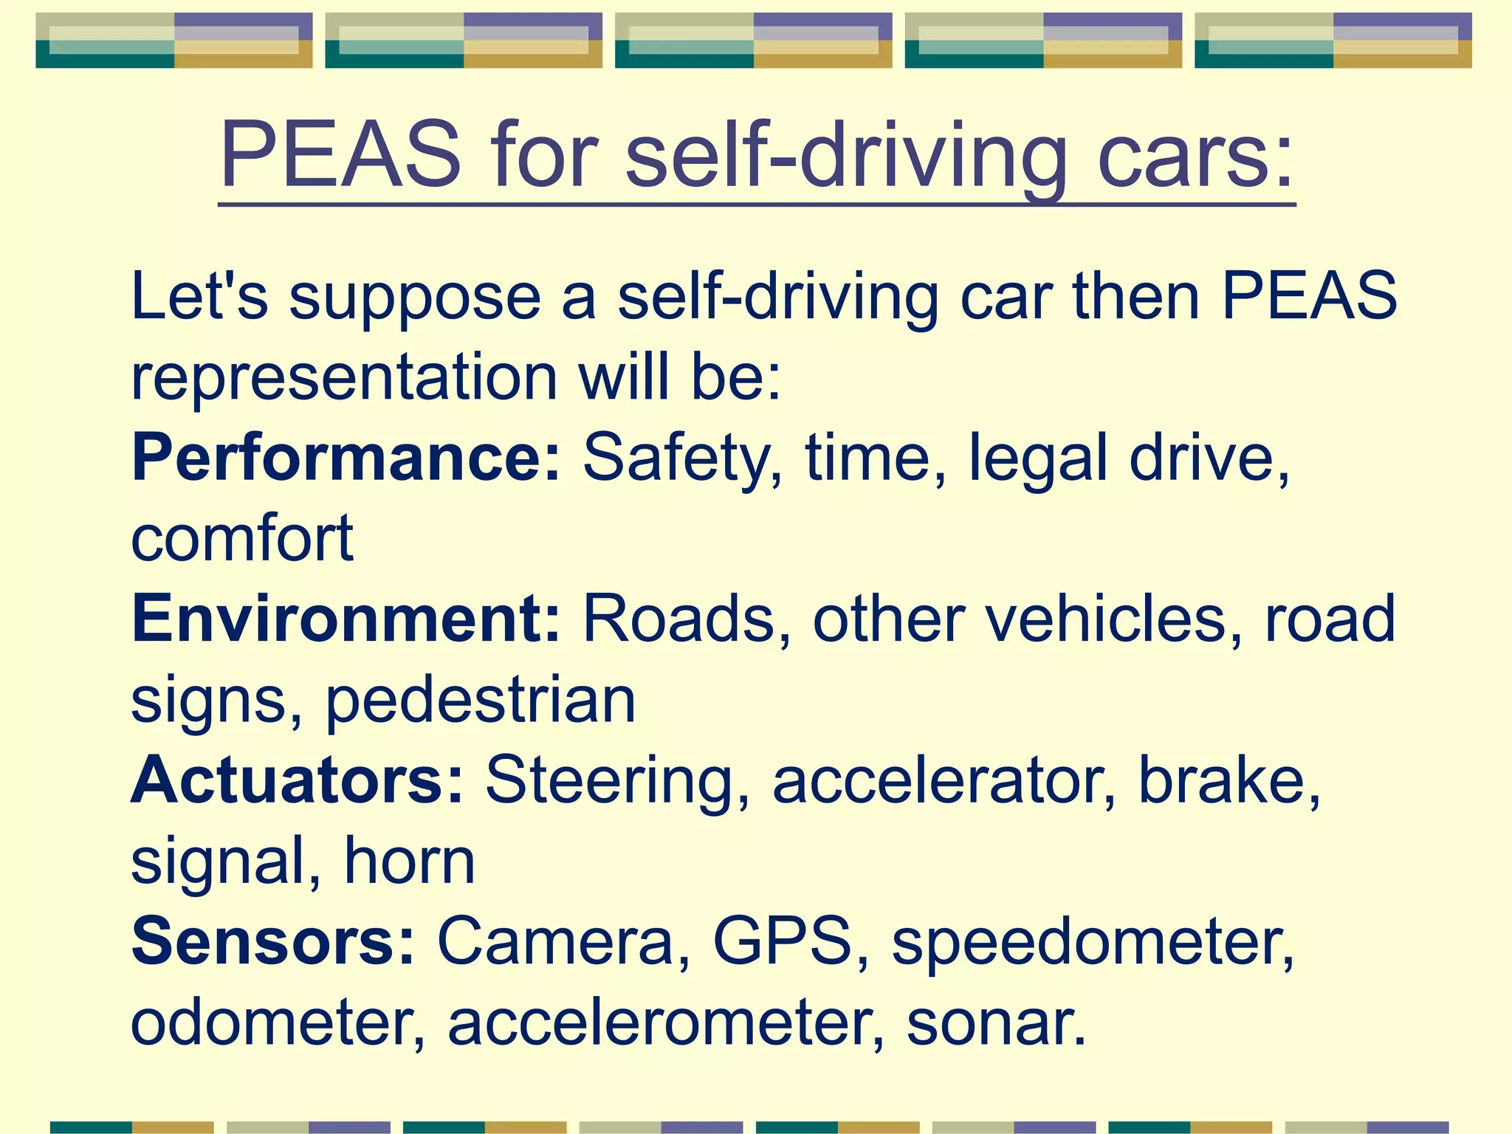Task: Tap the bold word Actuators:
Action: coord(298,781)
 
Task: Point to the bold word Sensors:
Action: coord(273,942)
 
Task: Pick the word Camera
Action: coord(555,942)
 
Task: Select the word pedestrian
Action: coord(480,701)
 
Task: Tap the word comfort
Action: coord(242,539)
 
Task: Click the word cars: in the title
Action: coord(1195,157)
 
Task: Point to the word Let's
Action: coord(199,295)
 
